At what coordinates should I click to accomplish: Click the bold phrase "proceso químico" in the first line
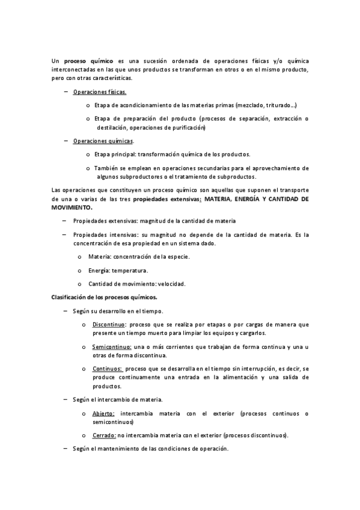[x=88, y=61]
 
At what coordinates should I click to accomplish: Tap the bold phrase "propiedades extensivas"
[x=166, y=198]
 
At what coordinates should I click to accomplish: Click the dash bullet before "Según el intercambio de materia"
[x=65, y=399]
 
